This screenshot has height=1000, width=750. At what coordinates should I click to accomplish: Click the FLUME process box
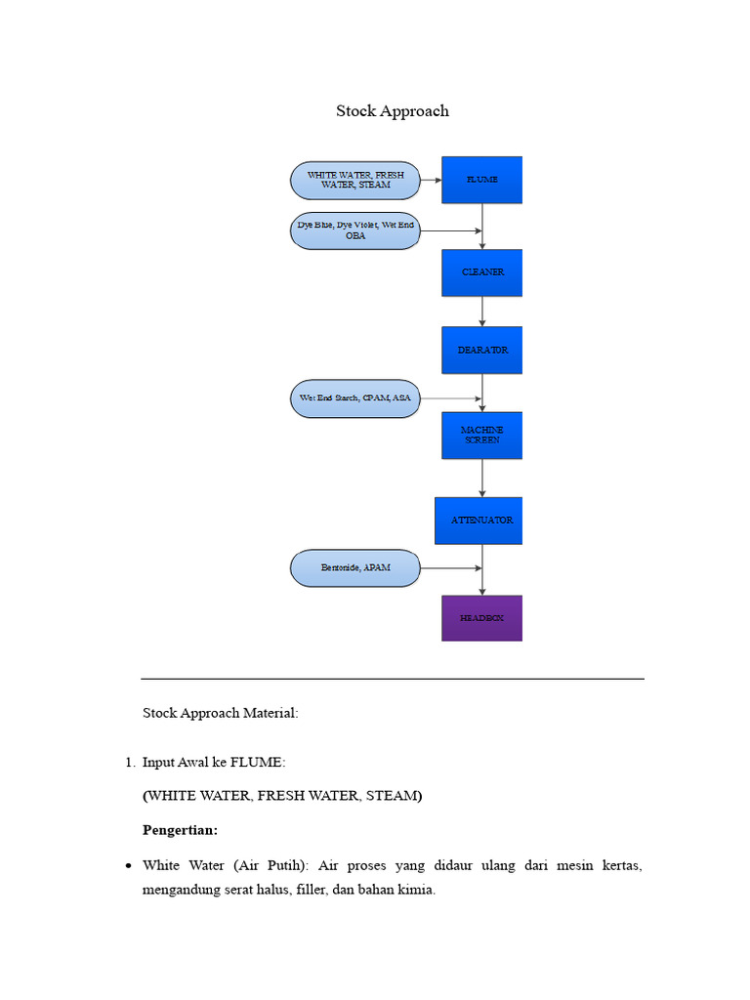tap(481, 180)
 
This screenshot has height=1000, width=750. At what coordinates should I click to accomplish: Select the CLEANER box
tap(481, 272)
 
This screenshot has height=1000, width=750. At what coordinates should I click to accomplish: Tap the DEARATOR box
tap(481, 350)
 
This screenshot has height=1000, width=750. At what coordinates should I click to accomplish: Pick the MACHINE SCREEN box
tap(481, 435)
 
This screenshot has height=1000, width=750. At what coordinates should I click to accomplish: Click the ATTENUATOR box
tap(478, 521)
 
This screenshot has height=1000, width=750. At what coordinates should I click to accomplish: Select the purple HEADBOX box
tap(481, 618)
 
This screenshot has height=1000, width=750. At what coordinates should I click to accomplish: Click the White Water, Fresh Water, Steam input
tap(355, 180)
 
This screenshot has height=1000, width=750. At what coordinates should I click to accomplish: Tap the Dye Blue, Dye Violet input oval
tap(355, 231)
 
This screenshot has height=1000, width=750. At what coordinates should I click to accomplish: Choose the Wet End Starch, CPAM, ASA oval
tap(355, 398)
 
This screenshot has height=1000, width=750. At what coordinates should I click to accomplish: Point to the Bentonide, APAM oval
tap(355, 567)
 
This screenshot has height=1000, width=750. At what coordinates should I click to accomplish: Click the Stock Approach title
tap(393, 111)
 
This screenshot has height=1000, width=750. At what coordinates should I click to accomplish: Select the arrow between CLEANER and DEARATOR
tap(482, 311)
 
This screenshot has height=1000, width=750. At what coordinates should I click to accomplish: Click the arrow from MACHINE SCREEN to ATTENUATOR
tap(482, 478)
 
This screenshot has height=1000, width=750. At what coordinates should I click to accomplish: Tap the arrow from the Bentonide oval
tap(451, 567)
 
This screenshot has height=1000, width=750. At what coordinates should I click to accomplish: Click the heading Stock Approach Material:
tap(221, 713)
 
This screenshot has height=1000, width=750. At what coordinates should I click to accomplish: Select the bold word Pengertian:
tap(181, 830)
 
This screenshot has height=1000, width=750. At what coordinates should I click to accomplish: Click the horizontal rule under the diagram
tap(393, 679)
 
